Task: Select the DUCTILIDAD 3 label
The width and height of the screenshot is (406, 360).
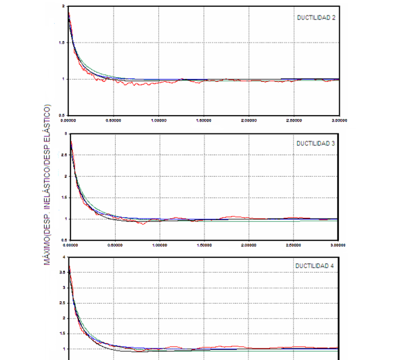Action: coord(315,143)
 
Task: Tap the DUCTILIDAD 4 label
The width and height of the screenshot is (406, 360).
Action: coord(315,266)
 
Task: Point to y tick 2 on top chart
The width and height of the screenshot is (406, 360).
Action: coord(64,6)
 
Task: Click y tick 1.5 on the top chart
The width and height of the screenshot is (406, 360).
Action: coord(63,43)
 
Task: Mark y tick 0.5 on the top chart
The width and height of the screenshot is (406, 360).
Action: coord(63,115)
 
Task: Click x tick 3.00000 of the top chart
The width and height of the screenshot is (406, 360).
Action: coord(339,120)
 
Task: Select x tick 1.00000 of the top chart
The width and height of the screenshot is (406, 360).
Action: coord(159,120)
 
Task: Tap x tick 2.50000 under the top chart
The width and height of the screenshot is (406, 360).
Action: coord(294,120)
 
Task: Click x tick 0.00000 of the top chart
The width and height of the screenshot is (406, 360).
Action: coord(70,120)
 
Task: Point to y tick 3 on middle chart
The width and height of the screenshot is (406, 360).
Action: coord(64,134)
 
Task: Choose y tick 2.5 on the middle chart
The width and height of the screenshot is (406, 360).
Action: coord(63,155)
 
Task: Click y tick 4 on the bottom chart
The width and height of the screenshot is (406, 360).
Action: coord(64,257)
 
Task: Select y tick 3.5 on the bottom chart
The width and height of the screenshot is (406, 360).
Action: coord(63,273)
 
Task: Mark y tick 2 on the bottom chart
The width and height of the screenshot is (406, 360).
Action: coord(64,318)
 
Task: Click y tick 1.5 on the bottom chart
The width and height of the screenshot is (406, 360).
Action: coord(63,334)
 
